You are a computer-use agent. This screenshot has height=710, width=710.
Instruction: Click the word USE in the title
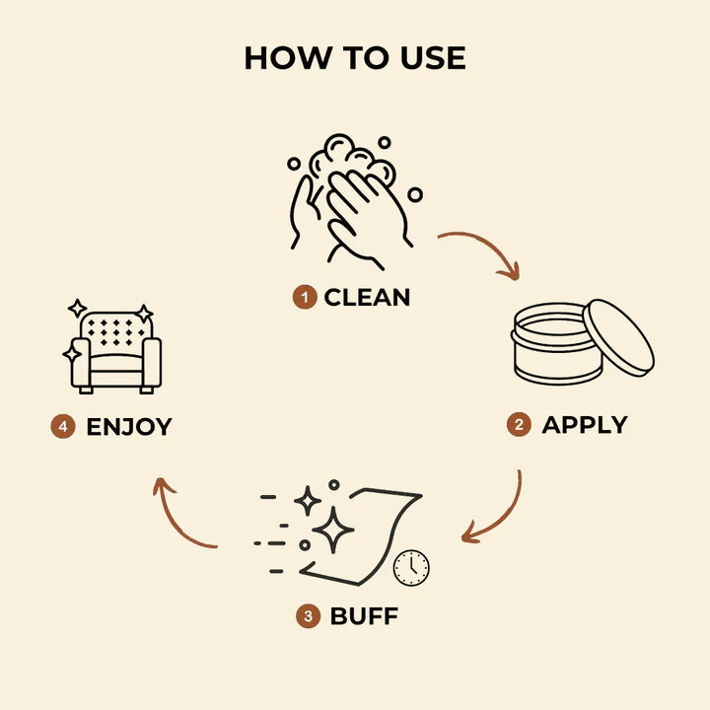[x=433, y=58]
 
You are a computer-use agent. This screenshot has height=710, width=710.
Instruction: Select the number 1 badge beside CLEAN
[x=305, y=297]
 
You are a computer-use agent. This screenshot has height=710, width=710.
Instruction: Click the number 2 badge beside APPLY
[x=519, y=425]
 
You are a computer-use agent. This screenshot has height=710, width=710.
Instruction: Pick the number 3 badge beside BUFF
[x=308, y=615]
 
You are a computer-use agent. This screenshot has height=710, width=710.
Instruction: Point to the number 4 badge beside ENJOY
[x=63, y=427]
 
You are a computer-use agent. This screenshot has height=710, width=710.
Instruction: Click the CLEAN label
[x=367, y=298]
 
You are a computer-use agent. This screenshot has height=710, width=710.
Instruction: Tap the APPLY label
[x=585, y=425]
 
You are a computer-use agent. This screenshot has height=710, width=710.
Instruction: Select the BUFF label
[x=364, y=615]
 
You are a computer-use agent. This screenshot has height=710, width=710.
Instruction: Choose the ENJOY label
[x=129, y=427]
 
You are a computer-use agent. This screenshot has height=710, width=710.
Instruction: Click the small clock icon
[x=411, y=568]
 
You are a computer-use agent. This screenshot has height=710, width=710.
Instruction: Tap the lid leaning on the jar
[x=618, y=338]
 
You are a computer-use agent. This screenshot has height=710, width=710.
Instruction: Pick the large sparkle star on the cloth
[x=333, y=530]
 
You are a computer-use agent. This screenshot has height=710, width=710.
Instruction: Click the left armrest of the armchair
[x=81, y=362]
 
